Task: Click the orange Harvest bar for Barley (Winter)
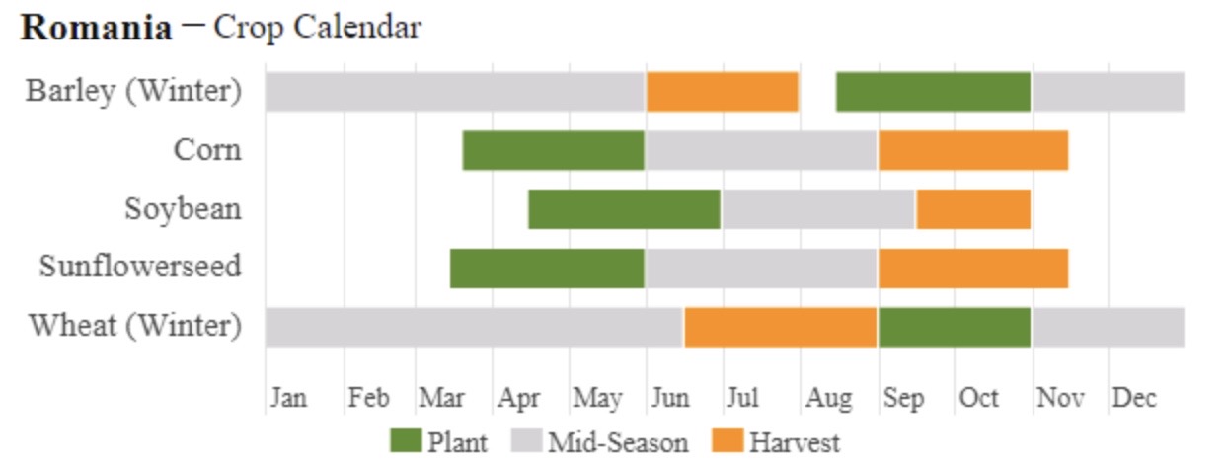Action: [x=722, y=92]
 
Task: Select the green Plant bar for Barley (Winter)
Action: [x=933, y=92]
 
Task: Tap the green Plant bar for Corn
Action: [x=553, y=150]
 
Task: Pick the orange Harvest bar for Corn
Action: [x=972, y=150]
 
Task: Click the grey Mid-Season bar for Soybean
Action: [x=817, y=209]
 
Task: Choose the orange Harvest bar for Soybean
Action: [x=972, y=209]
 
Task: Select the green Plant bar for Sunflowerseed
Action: [x=547, y=268]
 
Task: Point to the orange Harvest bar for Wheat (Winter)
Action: [x=780, y=327]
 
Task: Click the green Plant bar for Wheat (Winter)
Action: [x=954, y=327]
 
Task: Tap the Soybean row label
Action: [x=183, y=209]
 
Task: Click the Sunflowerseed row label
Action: [x=140, y=268]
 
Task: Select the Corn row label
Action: [x=206, y=150]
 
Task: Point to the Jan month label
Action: [x=288, y=398]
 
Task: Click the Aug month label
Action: [x=827, y=398]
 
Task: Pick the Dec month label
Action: [x=1133, y=398]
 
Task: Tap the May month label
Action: [x=597, y=398]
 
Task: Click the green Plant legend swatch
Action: [x=405, y=441]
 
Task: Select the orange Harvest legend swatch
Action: [x=728, y=441]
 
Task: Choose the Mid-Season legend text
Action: [x=618, y=441]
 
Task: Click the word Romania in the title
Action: [x=95, y=28]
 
